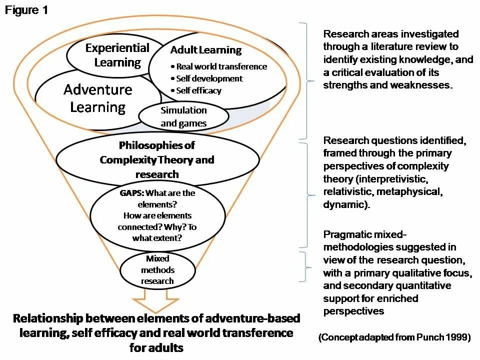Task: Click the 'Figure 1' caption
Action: [26, 10]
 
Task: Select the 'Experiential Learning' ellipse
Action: [117, 55]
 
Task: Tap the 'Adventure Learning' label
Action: [98, 98]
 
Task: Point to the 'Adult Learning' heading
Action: [205, 50]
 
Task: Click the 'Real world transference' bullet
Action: [221, 66]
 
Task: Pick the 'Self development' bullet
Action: [209, 78]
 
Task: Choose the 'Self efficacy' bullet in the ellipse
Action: [198, 90]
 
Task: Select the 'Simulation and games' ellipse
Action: [183, 116]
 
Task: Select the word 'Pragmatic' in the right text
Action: [346, 234]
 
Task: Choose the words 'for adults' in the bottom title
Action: [156, 347]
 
